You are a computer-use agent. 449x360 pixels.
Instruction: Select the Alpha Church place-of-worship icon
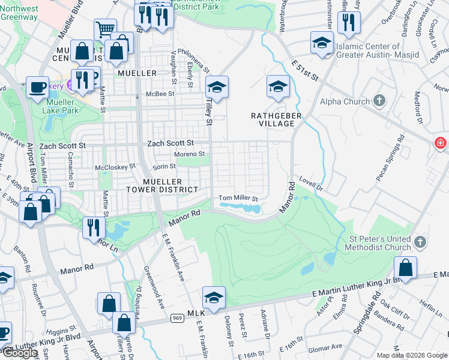379,101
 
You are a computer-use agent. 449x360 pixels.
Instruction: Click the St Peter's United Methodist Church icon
420,242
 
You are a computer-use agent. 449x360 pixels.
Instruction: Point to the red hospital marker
441,143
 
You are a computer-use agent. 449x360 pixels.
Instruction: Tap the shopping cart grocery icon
105,29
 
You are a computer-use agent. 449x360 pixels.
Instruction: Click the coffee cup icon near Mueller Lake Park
37,86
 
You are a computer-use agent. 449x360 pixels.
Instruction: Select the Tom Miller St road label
238,198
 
